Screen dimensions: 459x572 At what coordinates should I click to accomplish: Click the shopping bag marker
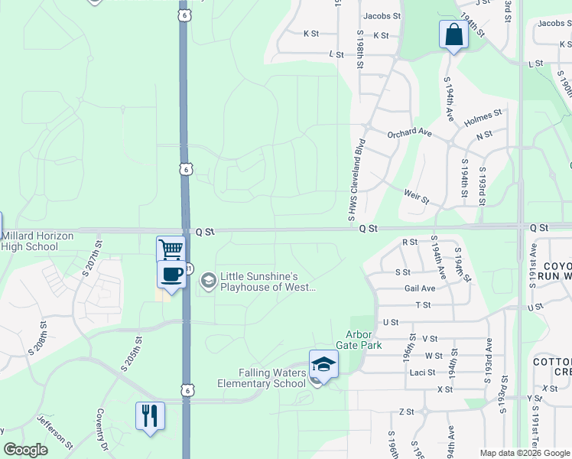pos(453,35)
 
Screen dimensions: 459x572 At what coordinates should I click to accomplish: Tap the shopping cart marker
pos(171,249)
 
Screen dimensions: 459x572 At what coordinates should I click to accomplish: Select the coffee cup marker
pos(171,275)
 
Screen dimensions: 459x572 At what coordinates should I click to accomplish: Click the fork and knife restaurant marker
pos(150,416)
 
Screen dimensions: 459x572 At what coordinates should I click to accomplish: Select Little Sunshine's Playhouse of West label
pos(268,282)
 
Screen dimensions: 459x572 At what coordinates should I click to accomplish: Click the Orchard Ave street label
pos(409,132)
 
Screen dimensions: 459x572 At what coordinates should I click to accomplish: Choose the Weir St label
pos(416,198)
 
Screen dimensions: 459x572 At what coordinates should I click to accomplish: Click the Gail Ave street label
pos(420,288)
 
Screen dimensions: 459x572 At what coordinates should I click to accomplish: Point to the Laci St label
pos(421,373)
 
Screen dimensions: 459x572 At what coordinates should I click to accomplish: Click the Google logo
pos(26,450)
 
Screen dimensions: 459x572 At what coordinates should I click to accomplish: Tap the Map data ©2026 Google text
pos(524,453)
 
